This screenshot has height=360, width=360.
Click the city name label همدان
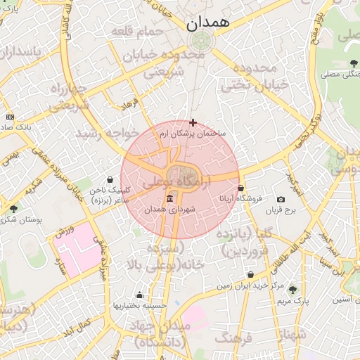(x=209, y=22)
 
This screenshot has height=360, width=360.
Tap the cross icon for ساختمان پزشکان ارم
(x=193, y=122)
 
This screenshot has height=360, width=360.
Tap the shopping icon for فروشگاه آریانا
(x=242, y=188)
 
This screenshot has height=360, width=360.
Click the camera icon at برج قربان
(x=281, y=200)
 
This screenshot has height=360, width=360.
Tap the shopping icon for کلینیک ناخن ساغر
(x=110, y=180)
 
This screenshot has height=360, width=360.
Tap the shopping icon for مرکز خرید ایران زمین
(x=250, y=275)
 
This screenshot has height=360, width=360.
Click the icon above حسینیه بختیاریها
(x=139, y=295)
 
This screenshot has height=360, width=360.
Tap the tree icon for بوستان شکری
(x=13, y=208)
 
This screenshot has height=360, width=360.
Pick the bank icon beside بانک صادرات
(x=10, y=116)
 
